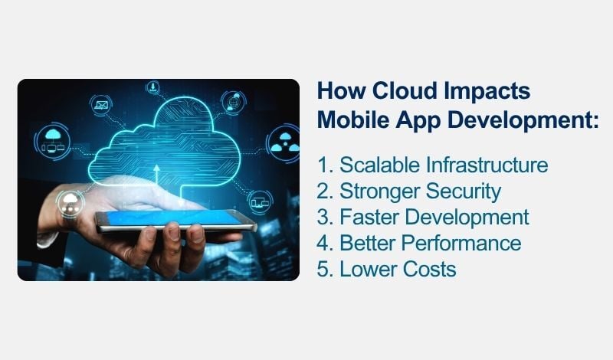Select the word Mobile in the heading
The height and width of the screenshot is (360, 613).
tap(352, 121)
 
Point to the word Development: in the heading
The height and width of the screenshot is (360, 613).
tap(522, 121)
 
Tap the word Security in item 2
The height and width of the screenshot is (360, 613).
tap(463, 191)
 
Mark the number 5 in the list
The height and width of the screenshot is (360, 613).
tap(323, 269)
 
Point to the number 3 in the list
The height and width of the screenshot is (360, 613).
tap(323, 217)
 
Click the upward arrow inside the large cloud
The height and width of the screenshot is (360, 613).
tap(157, 170)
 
